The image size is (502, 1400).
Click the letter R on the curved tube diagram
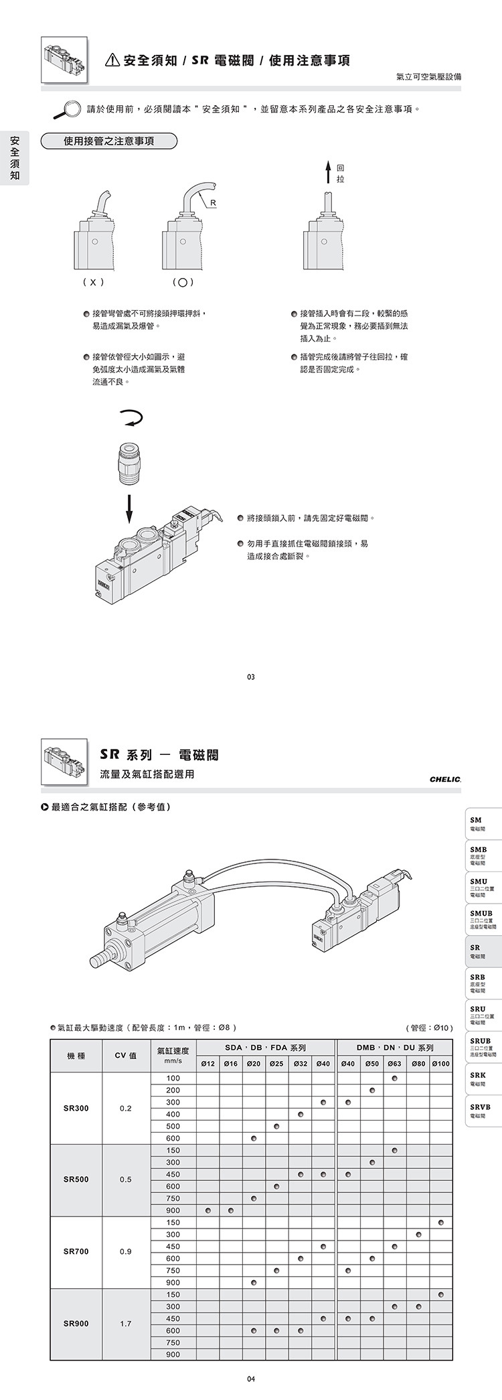pyautogui.click(x=213, y=203)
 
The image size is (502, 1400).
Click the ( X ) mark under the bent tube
pyautogui.click(x=92, y=283)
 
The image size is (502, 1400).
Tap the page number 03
pyautogui.click(x=250, y=677)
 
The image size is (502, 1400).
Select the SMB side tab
pyautogui.click(x=483, y=855)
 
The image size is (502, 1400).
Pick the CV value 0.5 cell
pyautogui.click(x=125, y=1180)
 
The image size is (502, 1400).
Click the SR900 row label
pyautogui.click(x=76, y=1324)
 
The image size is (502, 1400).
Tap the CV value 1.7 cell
pyautogui.click(x=125, y=1324)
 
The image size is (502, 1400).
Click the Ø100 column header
pyautogui.click(x=440, y=1064)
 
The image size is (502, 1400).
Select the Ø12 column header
pyautogui.click(x=208, y=1064)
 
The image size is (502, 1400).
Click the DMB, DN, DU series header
pyautogui.click(x=395, y=1048)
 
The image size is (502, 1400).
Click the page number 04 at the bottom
pyautogui.click(x=250, y=1379)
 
